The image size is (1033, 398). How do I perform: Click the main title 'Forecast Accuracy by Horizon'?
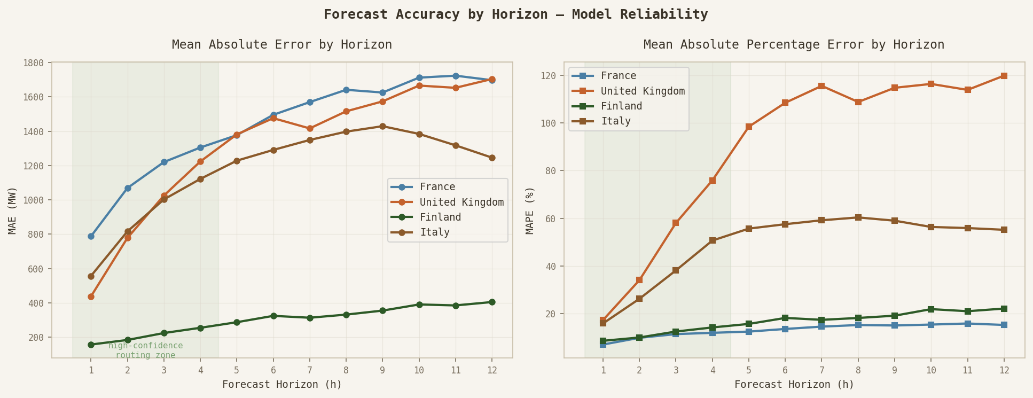(515, 14)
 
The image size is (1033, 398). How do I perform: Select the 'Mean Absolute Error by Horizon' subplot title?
(282, 45)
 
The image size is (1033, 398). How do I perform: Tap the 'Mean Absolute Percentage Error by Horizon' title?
(794, 45)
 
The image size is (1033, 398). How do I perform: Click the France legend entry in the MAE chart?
(437, 187)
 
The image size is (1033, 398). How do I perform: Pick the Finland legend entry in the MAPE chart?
(621, 106)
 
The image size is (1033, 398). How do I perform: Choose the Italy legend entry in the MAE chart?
(434, 232)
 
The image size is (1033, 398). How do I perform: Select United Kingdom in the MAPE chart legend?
(643, 91)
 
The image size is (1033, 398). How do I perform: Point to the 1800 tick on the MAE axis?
(34, 63)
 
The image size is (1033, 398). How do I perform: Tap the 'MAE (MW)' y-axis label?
(13, 210)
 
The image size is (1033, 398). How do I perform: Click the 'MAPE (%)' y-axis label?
(530, 210)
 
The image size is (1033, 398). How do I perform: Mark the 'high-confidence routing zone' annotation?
(145, 350)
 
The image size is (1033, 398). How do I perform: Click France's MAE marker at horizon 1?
(91, 236)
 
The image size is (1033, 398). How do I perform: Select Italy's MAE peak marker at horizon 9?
(382, 126)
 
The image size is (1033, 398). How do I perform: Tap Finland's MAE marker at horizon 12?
(492, 302)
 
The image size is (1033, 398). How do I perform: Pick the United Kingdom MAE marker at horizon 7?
(310, 129)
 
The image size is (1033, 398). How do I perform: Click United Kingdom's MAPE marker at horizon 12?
(1004, 76)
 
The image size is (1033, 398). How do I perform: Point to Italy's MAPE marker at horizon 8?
(858, 217)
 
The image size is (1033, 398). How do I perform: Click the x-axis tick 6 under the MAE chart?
(273, 369)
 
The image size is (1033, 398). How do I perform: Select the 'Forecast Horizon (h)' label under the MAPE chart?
(794, 385)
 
